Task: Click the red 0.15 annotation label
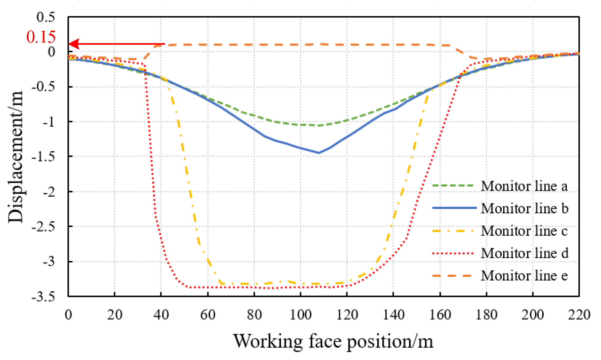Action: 41,37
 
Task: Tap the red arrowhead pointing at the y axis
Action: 74,44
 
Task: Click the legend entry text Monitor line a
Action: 524,186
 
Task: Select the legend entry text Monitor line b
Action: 525,208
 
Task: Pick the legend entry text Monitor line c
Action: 524,231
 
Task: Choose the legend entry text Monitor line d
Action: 525,253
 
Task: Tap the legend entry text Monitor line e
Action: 524,276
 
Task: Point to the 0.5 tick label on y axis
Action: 46,17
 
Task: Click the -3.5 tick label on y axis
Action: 43,297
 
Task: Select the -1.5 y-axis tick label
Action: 43,157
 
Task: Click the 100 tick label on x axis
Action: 301,315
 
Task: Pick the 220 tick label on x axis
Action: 579,315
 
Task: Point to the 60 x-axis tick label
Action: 208,315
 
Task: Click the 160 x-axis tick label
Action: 440,315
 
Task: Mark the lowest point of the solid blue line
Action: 319,153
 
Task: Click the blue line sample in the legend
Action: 454,208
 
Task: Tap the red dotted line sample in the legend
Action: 453,253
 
